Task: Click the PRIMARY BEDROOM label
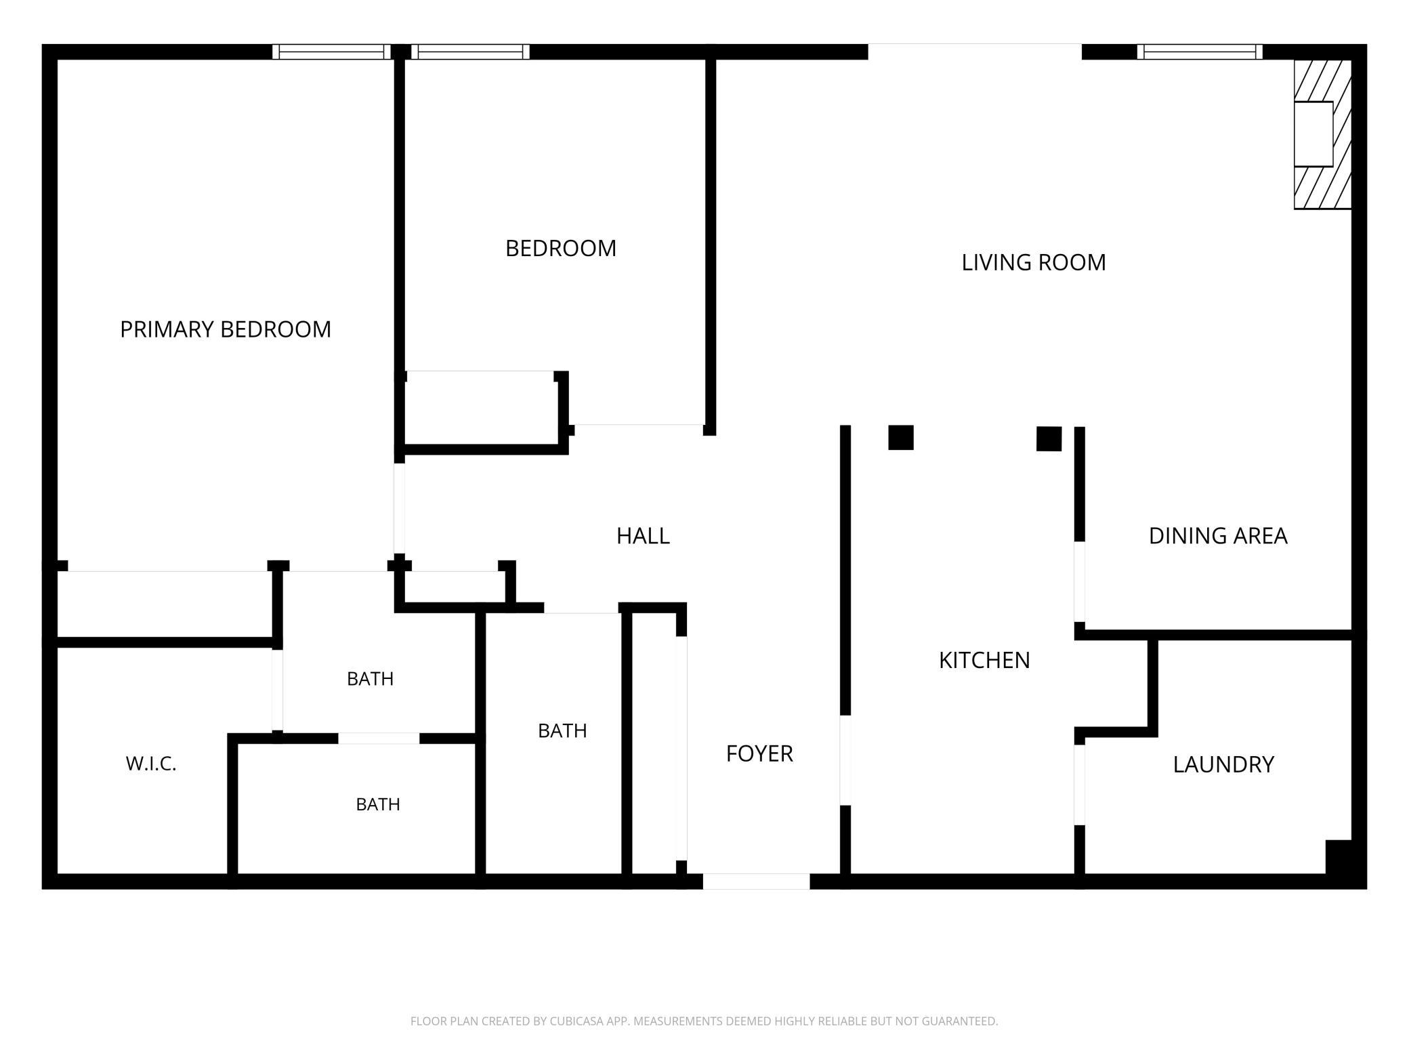click(x=226, y=329)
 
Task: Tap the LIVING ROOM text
click(x=1034, y=262)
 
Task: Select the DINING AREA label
click(x=1218, y=536)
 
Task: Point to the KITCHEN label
click(x=984, y=660)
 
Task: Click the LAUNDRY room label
click(x=1223, y=764)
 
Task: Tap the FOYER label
click(x=759, y=753)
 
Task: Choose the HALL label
click(x=643, y=536)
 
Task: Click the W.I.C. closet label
click(x=151, y=764)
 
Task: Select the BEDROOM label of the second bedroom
click(x=561, y=249)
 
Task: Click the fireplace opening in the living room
click(x=1313, y=134)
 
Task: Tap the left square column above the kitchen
click(x=901, y=438)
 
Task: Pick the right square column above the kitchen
click(x=1049, y=439)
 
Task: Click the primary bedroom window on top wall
click(x=332, y=52)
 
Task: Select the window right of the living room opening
click(x=1200, y=52)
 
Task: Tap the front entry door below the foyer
click(x=756, y=882)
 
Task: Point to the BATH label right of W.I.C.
click(x=378, y=804)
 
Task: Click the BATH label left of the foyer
click(x=562, y=730)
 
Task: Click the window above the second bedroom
click(x=471, y=52)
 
